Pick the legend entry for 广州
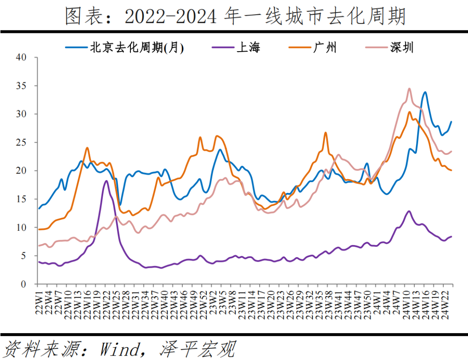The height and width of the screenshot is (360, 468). (x=325, y=47)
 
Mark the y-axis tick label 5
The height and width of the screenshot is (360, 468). (x=23, y=256)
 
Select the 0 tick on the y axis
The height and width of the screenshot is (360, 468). (x=23, y=284)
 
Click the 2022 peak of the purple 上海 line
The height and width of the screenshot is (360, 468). (x=106, y=181)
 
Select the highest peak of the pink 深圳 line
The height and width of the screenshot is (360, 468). (x=409, y=88)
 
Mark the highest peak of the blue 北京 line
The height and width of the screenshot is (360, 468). (x=425, y=92)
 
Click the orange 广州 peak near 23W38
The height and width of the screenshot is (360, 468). (x=325, y=133)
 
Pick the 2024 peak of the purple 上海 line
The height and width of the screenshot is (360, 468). (x=409, y=211)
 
